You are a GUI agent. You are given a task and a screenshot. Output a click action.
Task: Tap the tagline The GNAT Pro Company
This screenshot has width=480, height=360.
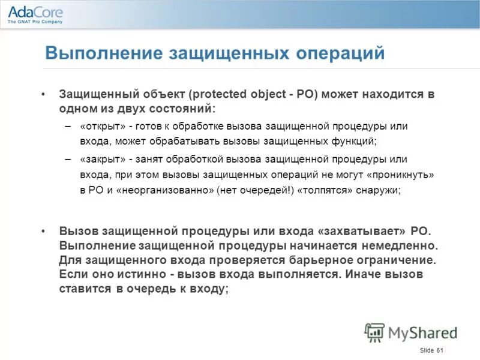point(35,22)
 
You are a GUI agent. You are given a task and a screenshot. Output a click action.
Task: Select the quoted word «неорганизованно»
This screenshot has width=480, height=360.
point(160,190)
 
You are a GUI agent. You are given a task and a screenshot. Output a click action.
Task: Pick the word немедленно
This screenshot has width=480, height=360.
point(403,246)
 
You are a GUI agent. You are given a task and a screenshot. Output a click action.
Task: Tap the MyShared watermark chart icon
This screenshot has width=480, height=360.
point(374,332)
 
